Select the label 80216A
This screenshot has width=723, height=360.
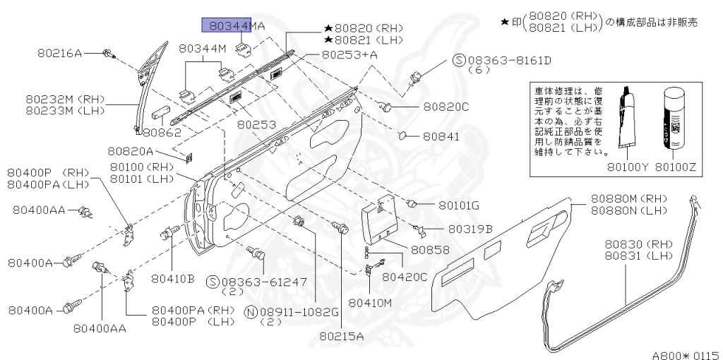pos(59,53)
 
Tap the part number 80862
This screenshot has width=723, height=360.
pos(162,132)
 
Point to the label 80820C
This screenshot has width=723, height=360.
pos(446,107)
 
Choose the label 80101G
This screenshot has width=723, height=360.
pos(458,205)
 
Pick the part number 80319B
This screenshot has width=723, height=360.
pos(469,228)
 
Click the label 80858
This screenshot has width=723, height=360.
pos(430,250)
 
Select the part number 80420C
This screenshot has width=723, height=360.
pos(405,277)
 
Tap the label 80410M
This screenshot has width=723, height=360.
pos(371,303)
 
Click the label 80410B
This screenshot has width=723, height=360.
pos(172,278)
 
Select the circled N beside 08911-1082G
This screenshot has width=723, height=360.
pos(250,311)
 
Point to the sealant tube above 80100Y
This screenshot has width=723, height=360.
pos(625,120)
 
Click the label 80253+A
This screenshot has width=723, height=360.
pos(349,54)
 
